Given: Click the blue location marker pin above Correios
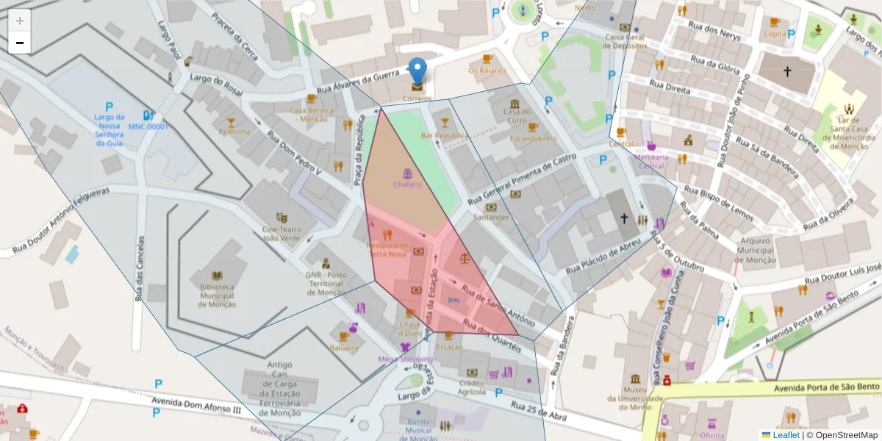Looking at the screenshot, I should pyautogui.click(x=417, y=71).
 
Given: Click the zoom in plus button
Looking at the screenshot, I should pyautogui.click(x=20, y=20).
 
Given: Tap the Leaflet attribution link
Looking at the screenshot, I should pyautogui.click(x=786, y=434).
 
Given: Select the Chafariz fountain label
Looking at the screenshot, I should pyautogui.click(x=407, y=184).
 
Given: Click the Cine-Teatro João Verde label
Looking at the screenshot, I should pyautogui.click(x=281, y=233).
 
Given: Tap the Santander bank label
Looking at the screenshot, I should pyautogui.click(x=491, y=217).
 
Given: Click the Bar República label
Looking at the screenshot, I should pyautogui.click(x=444, y=136).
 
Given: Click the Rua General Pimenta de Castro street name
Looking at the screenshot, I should pyautogui.click(x=522, y=180).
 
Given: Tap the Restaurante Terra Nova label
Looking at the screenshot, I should pyautogui.click(x=387, y=249).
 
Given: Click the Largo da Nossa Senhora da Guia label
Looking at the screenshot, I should pyautogui.click(x=110, y=130).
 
